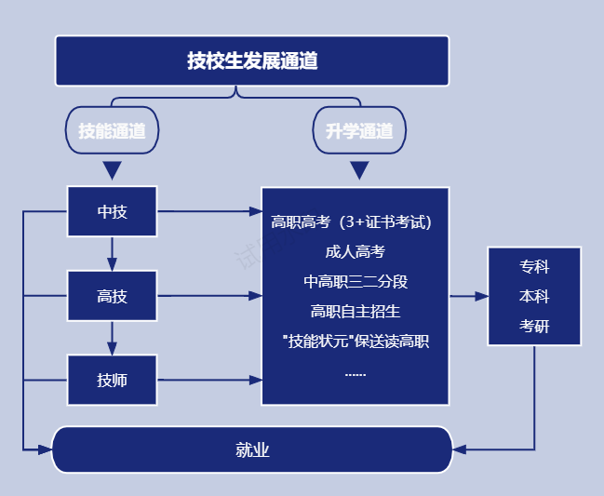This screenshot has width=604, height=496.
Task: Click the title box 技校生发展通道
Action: pyautogui.click(x=251, y=61)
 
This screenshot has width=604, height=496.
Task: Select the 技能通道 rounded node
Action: pyautogui.click(x=112, y=131)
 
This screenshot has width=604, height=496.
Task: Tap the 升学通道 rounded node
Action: pyautogui.click(x=359, y=131)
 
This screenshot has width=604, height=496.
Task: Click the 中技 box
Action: pyautogui.click(x=112, y=211)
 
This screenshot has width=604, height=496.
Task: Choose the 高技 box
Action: pyautogui.click(x=112, y=296)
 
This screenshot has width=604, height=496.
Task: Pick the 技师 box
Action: pyautogui.click(x=112, y=380)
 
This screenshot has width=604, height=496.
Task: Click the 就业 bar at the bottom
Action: pyautogui.click(x=251, y=450)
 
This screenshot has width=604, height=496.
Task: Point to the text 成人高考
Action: pyautogui.click(x=356, y=251)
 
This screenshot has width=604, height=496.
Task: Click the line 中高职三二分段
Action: pyautogui.click(x=356, y=281)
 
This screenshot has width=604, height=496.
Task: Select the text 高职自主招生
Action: pyautogui.click(x=356, y=311)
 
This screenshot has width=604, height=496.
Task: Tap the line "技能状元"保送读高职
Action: pyautogui.click(x=356, y=341)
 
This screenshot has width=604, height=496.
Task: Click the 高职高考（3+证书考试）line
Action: pyautogui.click(x=356, y=221)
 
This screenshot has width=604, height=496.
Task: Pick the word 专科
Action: pyautogui.click(x=534, y=267)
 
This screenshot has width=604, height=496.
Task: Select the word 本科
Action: pyautogui.click(x=534, y=297)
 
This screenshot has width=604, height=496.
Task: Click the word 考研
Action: pyautogui.click(x=534, y=327)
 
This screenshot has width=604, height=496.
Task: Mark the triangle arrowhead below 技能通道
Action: pyautogui.click(x=112, y=170)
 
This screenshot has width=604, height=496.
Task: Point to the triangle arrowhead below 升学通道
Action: pyautogui.click(x=359, y=170)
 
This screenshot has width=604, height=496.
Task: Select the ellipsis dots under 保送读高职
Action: pyautogui.click(x=356, y=373)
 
